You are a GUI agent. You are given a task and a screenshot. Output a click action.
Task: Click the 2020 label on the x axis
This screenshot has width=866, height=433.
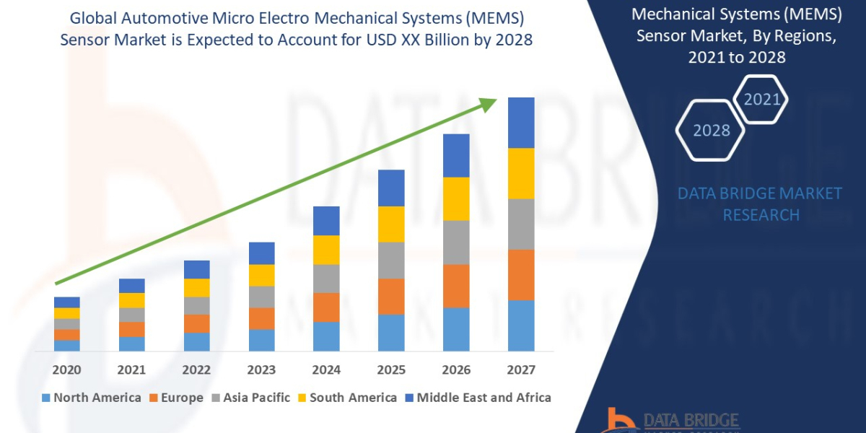66,370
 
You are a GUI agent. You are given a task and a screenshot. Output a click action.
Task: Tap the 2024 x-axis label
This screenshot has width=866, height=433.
326,370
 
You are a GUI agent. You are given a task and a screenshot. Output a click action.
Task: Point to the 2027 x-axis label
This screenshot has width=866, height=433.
521,370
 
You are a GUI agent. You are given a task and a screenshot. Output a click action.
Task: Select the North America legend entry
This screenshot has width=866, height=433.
91,398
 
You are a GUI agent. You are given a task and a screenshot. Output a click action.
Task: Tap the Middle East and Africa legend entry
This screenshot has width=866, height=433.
477,398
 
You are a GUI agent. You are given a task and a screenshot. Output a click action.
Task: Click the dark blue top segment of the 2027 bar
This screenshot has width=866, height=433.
521,123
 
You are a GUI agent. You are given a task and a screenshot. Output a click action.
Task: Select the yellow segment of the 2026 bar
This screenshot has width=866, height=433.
456,198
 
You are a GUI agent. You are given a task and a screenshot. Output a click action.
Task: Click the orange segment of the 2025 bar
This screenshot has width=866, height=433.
391,296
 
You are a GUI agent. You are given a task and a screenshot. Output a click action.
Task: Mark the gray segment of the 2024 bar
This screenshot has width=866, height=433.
326,279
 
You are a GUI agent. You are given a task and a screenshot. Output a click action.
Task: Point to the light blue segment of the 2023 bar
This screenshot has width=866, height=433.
261,340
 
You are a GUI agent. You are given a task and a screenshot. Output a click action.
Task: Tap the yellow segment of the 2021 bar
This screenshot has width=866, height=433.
131,300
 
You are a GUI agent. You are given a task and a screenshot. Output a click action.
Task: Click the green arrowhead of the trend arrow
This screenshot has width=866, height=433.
490,105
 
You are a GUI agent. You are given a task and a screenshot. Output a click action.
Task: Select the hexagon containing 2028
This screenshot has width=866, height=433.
712,131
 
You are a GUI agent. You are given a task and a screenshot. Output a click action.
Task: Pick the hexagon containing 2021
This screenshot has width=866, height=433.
761,99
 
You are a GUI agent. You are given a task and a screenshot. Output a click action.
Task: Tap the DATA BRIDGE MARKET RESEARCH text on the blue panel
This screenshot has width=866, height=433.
761,204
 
